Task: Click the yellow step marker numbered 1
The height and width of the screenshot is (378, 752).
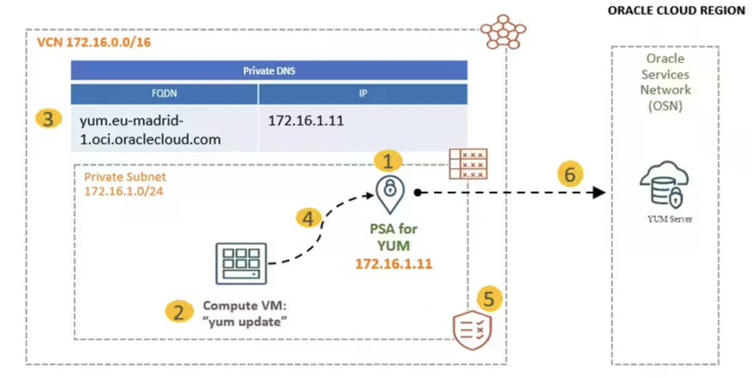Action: (388, 162)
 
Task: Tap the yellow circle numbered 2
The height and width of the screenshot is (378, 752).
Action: (179, 311)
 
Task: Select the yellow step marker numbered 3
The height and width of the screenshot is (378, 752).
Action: (48, 118)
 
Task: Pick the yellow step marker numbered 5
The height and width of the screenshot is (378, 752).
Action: (489, 298)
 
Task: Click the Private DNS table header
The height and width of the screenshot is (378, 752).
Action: (269, 70)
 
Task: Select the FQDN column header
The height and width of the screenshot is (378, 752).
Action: (164, 94)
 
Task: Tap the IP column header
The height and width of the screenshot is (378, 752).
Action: (363, 94)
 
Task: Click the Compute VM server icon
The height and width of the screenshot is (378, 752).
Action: (241, 263)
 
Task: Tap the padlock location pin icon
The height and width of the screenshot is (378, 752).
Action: (389, 193)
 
